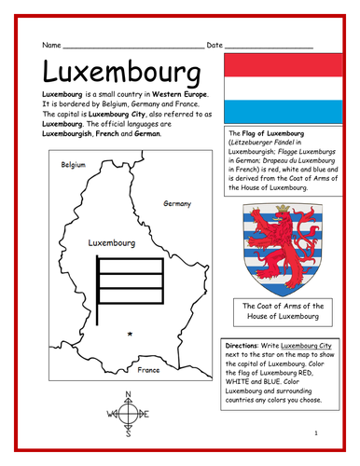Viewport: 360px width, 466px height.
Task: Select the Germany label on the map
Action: click(177, 203)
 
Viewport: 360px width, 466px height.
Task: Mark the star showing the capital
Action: click(131, 333)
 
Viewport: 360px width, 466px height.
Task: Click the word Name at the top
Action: click(51, 45)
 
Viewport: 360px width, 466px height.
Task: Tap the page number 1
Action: click(317, 434)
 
